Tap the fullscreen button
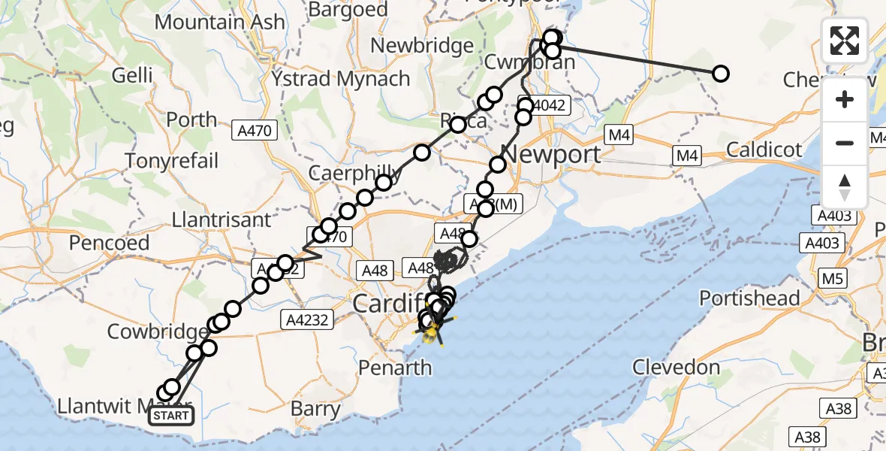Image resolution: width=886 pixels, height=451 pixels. [x=845, y=41]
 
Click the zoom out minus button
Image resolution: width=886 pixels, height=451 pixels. [x=845, y=143]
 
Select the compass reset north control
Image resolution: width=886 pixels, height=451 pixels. [x=845, y=187]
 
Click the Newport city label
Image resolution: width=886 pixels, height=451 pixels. [x=550, y=155]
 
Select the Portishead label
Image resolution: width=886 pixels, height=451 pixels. [x=749, y=298]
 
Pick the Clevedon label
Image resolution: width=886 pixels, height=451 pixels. [x=676, y=368]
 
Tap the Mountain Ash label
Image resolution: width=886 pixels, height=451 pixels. [x=220, y=21]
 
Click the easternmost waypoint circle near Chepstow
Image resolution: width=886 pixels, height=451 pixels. [x=720, y=74]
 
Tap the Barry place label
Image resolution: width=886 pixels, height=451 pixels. [x=315, y=410]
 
